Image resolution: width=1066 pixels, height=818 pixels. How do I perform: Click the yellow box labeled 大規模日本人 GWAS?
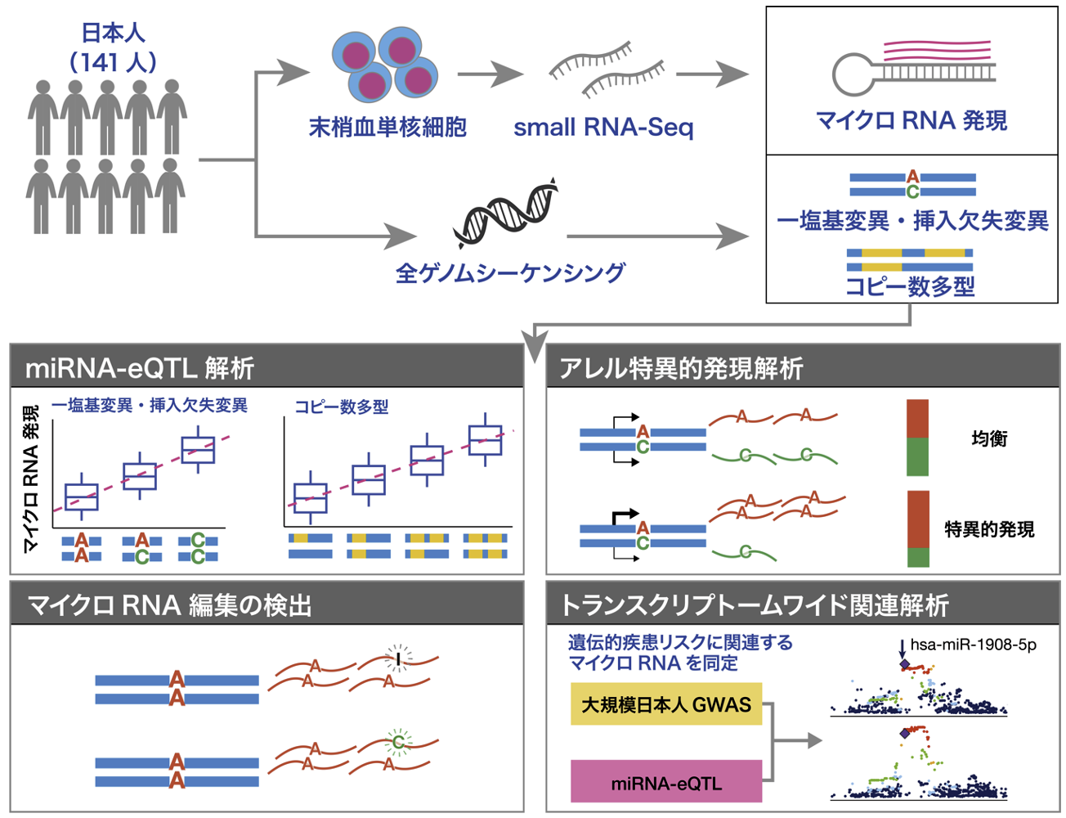point(666,704)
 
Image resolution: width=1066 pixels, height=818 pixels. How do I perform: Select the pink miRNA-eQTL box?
point(666,782)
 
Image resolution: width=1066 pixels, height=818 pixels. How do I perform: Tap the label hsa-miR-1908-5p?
point(973,645)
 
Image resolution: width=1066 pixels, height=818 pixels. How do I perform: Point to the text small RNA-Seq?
point(603,128)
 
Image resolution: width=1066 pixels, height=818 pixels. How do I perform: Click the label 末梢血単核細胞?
point(387,128)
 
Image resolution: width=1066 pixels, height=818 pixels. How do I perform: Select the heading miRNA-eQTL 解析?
point(140,368)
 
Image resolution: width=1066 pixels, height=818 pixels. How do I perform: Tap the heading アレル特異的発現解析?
point(681,368)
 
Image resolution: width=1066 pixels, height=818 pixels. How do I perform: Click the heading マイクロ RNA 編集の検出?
point(169,605)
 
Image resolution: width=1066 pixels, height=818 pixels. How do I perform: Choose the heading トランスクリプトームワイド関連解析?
point(754,605)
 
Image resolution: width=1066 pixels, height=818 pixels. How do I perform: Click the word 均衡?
point(989,438)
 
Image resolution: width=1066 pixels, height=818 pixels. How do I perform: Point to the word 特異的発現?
point(989,529)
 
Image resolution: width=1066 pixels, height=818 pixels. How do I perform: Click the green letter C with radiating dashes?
point(398,742)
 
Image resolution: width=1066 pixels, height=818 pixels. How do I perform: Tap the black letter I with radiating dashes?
point(398,657)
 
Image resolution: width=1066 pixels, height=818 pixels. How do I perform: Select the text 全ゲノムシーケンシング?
point(510,272)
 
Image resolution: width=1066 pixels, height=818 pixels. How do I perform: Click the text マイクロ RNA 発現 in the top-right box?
point(911,121)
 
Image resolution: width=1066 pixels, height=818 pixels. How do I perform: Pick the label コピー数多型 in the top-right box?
point(910,286)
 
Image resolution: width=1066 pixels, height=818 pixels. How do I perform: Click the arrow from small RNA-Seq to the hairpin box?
point(712,74)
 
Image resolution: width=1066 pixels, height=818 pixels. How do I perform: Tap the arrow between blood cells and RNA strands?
point(490,74)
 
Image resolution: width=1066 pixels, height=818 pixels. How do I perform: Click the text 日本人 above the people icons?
point(113,33)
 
